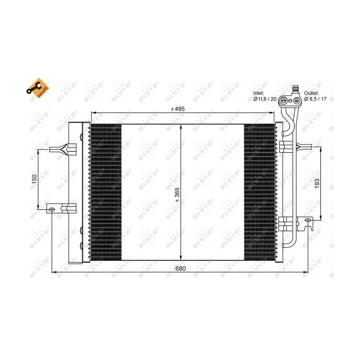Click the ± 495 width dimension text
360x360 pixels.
(x=178, y=109)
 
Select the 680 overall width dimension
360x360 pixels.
(x=180, y=268)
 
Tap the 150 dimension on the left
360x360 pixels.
(x=34, y=179)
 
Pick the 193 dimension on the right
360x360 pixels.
(x=317, y=183)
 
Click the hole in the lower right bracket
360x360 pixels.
(x=308, y=221)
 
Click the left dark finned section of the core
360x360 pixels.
(x=106, y=192)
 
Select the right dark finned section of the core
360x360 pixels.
(x=260, y=192)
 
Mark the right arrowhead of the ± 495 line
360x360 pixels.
(x=273, y=113)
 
